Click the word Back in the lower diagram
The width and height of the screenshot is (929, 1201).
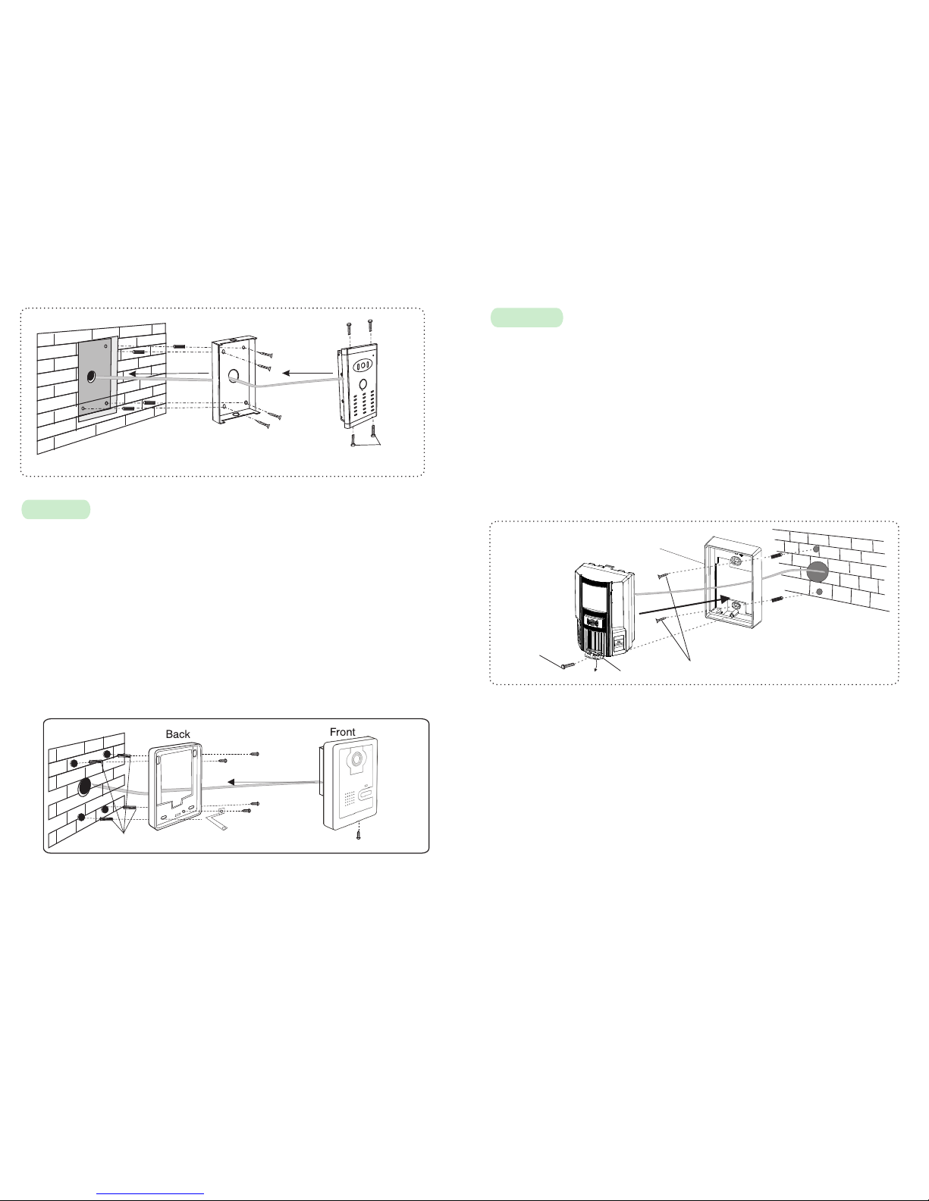[x=177, y=734]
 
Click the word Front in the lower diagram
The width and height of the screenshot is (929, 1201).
[x=342, y=732]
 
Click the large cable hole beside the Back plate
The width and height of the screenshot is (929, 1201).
[x=85, y=787]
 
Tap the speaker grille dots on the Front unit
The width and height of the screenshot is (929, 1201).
[x=350, y=798]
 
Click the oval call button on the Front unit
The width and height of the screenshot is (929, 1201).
[x=366, y=796]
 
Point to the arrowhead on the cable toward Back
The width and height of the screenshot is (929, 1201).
[x=232, y=782]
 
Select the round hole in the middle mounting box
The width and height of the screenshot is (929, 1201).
[x=233, y=376]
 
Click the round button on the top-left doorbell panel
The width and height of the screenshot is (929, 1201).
[x=363, y=384]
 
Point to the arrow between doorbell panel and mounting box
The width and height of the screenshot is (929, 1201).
[x=307, y=373]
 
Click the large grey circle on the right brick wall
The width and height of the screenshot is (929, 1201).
[x=818, y=571]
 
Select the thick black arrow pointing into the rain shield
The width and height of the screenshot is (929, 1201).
[x=685, y=605]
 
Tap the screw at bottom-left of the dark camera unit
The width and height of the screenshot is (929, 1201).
[x=568, y=665]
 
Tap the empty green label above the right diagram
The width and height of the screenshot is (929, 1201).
[x=527, y=317]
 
